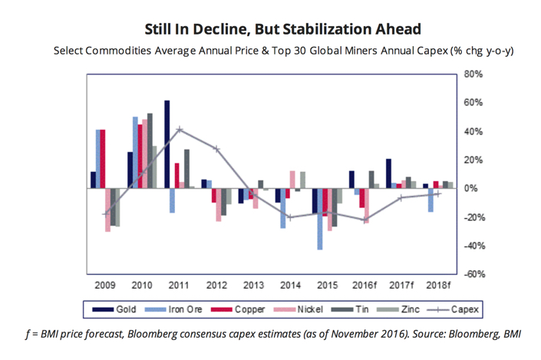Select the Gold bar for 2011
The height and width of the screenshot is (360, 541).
167,144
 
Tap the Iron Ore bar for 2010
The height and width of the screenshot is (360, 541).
135,152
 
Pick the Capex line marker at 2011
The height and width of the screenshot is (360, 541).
179,130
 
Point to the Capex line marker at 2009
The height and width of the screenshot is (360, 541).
106,214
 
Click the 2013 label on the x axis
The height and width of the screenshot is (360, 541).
253,285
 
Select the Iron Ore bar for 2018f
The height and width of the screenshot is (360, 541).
430,200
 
